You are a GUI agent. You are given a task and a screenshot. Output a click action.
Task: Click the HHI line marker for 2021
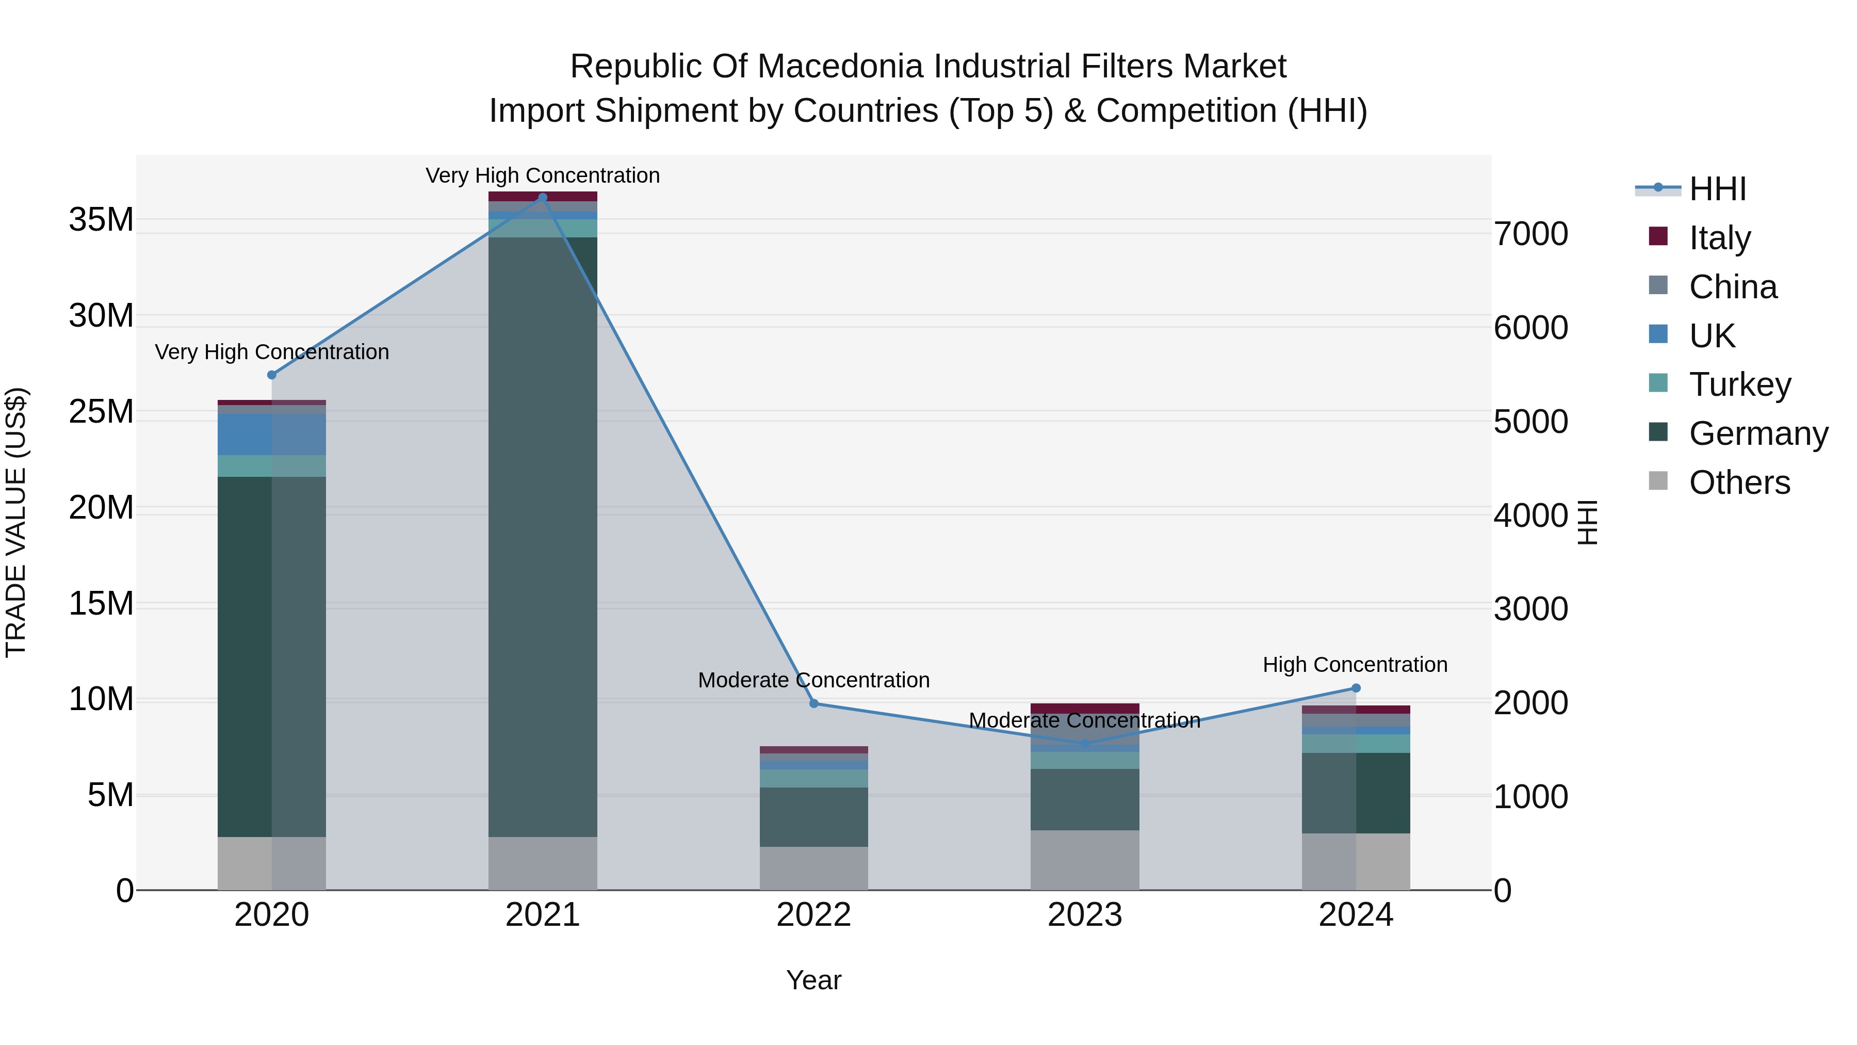(x=543, y=198)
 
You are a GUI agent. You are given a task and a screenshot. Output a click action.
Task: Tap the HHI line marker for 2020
(x=272, y=375)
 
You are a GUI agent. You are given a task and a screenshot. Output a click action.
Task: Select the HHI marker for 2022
(x=814, y=703)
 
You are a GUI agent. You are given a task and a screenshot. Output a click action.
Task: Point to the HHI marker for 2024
(x=1356, y=688)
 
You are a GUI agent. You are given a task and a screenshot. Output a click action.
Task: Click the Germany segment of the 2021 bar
(x=543, y=537)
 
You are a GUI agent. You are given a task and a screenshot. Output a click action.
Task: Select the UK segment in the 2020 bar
(x=272, y=434)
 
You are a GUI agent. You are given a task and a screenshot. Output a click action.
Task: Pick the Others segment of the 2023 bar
(x=1085, y=860)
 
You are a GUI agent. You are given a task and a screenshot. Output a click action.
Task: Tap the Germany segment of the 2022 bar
(x=814, y=817)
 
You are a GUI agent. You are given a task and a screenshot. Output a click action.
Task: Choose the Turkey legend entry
(x=1739, y=384)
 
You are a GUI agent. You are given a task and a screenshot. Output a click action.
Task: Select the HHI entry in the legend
(x=1717, y=189)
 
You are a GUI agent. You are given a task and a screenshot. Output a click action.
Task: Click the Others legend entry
(x=1739, y=483)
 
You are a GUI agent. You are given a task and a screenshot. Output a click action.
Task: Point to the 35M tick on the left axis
(x=101, y=220)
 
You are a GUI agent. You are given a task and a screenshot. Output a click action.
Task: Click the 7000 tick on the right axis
(x=1530, y=234)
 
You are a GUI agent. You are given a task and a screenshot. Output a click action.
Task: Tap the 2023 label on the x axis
(x=1085, y=915)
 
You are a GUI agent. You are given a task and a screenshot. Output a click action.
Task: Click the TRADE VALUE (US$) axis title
(x=16, y=522)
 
